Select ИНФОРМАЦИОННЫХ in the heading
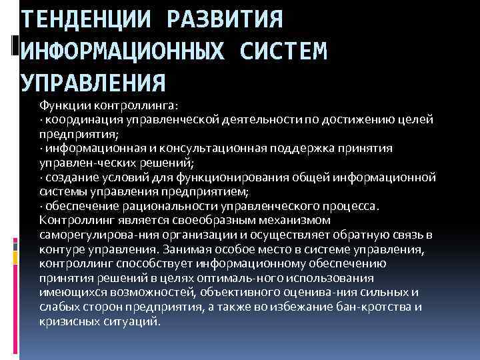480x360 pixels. point(126,51)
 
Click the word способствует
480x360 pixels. point(141,263)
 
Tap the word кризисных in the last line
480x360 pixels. point(67,321)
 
